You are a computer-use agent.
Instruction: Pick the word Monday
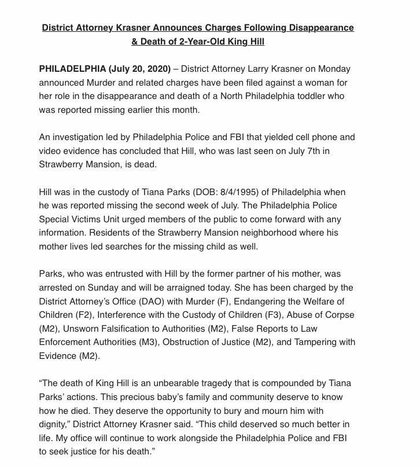(353, 69)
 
